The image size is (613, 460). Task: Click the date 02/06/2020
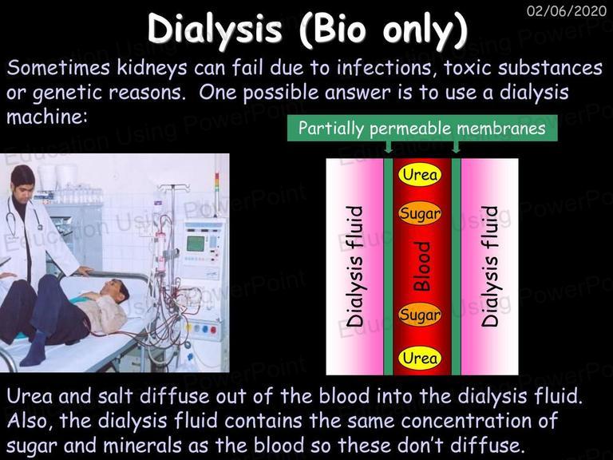point(567,11)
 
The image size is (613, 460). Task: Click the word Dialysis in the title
point(215,29)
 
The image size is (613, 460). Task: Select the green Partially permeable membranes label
point(422,128)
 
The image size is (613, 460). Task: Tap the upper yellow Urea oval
point(420,174)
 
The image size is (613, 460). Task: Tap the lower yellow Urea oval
point(420,358)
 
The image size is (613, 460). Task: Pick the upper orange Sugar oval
point(420,213)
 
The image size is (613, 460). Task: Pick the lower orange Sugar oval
point(420,315)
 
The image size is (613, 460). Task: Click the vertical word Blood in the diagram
point(422,266)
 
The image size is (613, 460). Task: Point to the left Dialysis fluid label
point(355,267)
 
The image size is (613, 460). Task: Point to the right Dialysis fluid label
point(489,267)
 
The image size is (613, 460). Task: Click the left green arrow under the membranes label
point(388,147)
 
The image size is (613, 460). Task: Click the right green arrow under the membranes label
point(456,147)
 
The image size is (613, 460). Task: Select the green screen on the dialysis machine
point(196,244)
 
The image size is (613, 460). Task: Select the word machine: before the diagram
point(47,117)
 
